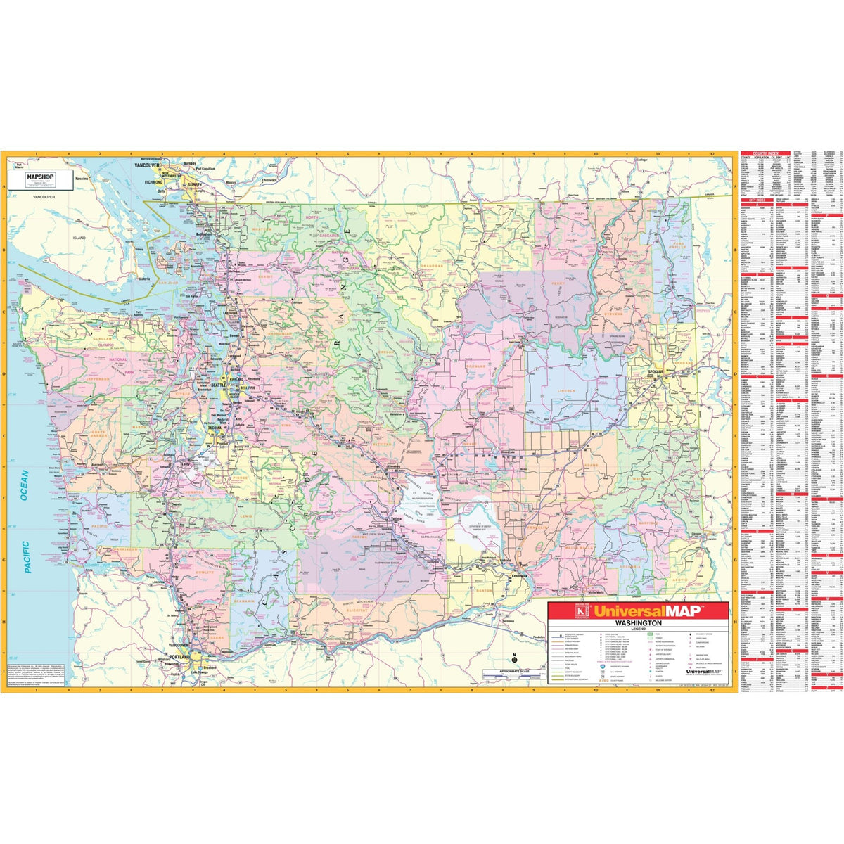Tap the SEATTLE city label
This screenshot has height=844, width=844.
point(219,385)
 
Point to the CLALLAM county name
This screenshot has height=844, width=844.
point(102,338)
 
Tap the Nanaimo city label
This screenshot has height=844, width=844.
point(82,179)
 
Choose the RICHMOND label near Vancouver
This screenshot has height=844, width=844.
point(154,181)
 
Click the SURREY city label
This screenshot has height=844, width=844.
point(194,184)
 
